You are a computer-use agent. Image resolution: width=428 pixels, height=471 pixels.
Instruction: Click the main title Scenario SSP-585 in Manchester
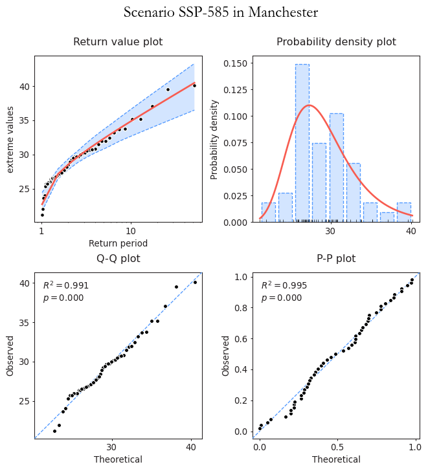pos(221,13)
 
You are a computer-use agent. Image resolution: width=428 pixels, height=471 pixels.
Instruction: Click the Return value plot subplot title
pos(118,42)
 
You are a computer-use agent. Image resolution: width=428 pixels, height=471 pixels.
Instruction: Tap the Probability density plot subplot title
pos(336,42)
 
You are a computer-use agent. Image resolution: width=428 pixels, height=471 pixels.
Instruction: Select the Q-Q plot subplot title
pos(118,259)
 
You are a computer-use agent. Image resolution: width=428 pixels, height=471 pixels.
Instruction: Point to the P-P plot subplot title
pos(336,259)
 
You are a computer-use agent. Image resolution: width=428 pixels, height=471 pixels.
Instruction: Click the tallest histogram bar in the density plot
pos(302,142)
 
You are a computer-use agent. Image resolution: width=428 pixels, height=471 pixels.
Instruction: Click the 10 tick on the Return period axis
pos(130,232)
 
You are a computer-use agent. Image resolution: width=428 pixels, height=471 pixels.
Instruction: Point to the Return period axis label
pos(118,243)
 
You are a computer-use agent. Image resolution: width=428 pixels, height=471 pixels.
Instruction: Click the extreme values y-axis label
pos(10,139)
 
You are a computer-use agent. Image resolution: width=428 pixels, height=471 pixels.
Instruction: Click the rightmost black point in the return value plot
pos(194,85)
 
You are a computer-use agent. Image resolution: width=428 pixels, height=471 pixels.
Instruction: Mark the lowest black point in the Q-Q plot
pos(54,431)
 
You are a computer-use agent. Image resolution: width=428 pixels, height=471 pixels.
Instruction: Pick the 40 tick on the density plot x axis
pos(411,232)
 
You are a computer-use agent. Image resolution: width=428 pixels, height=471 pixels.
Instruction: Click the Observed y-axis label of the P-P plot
pos(226,355)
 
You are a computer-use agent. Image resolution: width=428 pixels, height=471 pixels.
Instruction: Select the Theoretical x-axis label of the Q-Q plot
pos(118,459)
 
